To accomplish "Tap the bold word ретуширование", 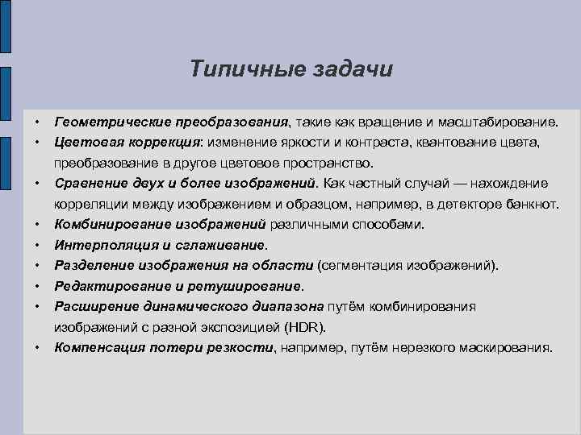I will click(249, 285).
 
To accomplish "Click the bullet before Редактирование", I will click(36, 285).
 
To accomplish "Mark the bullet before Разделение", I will click(36, 265).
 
